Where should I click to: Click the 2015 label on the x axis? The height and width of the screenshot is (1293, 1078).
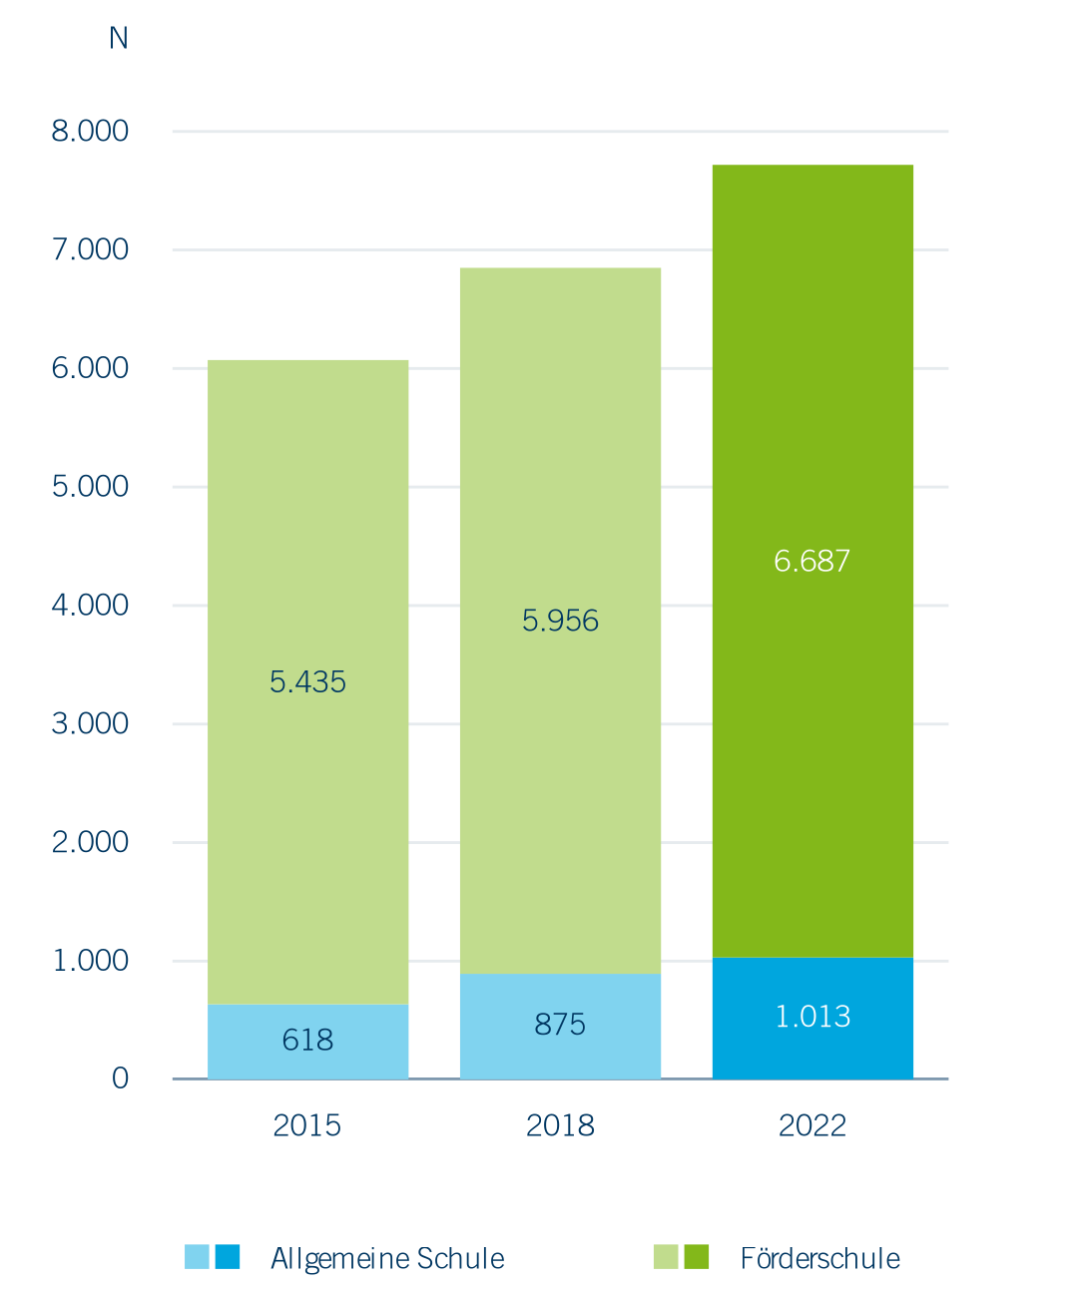[307, 1125]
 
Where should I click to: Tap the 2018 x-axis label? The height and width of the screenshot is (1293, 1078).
[560, 1125]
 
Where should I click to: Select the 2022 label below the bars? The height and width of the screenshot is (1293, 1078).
[812, 1125]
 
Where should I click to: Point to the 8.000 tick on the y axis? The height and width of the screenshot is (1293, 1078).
[90, 131]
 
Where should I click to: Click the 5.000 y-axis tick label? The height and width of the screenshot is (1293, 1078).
[90, 486]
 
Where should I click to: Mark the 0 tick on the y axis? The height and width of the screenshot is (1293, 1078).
[120, 1078]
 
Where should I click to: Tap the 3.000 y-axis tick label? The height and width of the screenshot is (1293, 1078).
[90, 723]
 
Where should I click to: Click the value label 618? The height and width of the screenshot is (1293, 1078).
[307, 1041]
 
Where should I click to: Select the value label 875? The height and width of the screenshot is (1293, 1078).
[560, 1025]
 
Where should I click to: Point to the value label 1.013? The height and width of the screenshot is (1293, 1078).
[812, 1017]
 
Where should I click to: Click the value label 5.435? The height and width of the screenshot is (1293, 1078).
[307, 681]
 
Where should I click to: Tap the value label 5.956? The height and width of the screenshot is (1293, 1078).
[560, 621]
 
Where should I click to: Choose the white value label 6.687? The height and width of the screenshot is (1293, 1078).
[812, 561]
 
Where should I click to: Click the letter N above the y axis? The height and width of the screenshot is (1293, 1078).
[118, 38]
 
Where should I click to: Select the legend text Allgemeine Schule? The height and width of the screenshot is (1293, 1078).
[387, 1258]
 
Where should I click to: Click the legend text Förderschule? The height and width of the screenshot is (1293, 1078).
[819, 1258]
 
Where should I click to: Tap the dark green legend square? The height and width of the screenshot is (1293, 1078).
[697, 1257]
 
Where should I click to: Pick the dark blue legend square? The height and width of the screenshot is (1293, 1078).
[228, 1257]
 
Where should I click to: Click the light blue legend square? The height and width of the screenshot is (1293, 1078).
[197, 1257]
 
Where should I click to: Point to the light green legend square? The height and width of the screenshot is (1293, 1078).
[666, 1257]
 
